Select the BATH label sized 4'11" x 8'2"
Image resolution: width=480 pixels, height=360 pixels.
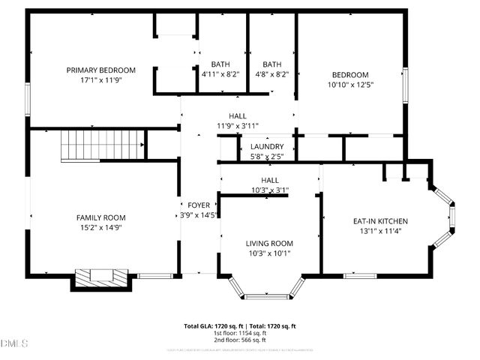220,64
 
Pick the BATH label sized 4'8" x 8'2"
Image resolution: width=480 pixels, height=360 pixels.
271,64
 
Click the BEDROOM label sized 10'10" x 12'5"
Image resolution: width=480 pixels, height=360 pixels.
351,74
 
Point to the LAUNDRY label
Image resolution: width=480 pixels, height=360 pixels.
267,147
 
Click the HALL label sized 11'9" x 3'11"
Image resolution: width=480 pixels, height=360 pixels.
237,115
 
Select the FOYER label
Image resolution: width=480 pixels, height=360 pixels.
199,204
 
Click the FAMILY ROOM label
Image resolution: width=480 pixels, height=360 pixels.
100,217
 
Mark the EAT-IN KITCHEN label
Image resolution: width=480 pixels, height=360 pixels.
380,221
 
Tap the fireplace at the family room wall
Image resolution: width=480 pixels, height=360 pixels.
103,277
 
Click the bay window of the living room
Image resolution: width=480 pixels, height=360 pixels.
267,291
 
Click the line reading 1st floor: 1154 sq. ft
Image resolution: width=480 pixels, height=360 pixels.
240,332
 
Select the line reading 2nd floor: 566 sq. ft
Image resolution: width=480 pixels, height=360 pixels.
240,339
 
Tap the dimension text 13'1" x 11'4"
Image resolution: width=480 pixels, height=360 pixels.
380,232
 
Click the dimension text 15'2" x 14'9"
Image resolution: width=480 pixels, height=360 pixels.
100,228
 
